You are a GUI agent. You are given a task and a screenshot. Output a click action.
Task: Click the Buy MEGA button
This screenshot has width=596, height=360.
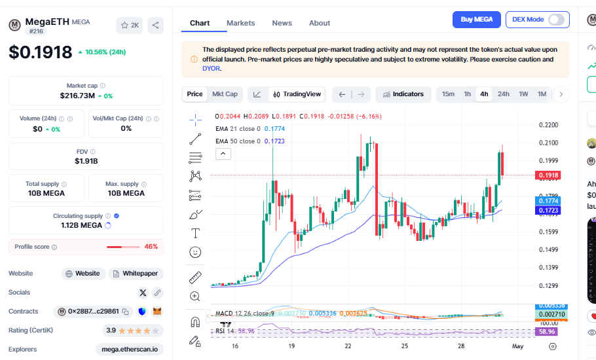(477, 20)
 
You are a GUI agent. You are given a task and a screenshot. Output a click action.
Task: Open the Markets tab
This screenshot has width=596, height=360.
(240, 23)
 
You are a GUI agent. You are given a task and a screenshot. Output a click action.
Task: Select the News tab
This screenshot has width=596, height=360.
(282, 23)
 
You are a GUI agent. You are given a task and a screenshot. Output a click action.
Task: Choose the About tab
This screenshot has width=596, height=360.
(320, 23)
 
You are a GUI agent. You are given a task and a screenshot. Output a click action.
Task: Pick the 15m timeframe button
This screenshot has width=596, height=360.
(448, 94)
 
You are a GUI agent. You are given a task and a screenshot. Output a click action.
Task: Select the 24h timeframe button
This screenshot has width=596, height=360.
(503, 94)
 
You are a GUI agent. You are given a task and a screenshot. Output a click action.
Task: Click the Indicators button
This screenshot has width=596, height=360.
(403, 94)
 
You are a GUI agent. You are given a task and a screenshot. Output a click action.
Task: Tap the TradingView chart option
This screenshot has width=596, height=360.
(297, 94)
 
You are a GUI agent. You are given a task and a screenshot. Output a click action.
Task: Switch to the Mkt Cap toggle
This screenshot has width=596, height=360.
(225, 94)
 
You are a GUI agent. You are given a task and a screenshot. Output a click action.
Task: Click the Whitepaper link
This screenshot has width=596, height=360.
(136, 274)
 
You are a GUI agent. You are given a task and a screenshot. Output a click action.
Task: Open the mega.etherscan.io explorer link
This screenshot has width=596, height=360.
(129, 350)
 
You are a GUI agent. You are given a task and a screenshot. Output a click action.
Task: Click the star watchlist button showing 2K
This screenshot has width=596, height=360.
(129, 26)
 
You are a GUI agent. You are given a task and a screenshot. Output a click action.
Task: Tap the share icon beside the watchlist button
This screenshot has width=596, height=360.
(156, 26)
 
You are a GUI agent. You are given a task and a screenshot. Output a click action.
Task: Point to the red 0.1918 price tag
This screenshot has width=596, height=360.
(548, 175)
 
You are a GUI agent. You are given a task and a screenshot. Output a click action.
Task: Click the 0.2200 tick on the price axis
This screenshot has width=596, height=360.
(548, 125)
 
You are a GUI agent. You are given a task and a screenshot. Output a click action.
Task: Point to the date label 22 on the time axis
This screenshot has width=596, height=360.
(348, 346)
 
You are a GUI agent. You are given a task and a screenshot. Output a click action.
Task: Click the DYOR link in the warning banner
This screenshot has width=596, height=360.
(211, 68)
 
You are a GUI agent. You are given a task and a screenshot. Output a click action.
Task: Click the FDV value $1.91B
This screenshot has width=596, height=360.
(86, 161)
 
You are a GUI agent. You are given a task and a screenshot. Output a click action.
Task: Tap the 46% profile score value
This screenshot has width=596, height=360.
(151, 247)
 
